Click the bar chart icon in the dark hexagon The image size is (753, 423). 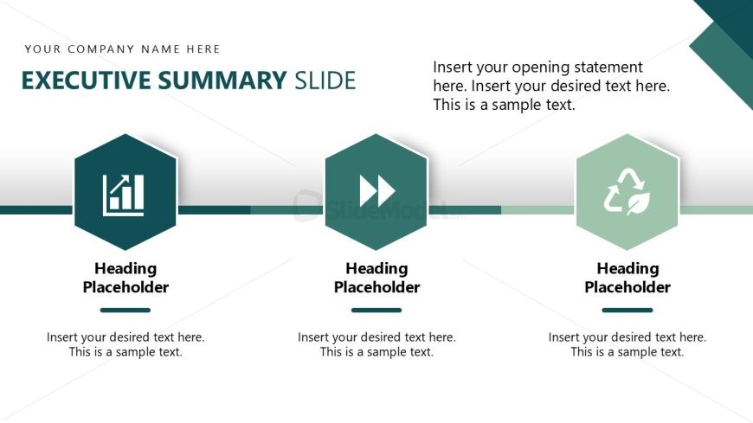click(x=124, y=195)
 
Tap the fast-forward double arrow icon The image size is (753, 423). click(x=377, y=190)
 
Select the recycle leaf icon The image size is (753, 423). click(x=627, y=191)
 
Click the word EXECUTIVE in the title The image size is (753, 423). click(x=87, y=80)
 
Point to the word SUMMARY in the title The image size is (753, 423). click(x=222, y=80)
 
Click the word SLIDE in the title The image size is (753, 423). click(x=325, y=80)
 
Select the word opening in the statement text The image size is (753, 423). click(x=540, y=67)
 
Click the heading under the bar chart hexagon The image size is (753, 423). click(x=125, y=278)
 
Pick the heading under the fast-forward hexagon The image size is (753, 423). click(x=377, y=278)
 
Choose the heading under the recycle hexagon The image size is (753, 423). click(x=627, y=278)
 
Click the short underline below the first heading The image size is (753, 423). click(x=125, y=311)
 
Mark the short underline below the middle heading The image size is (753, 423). click(x=376, y=311)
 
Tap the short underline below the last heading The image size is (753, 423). click(x=627, y=311)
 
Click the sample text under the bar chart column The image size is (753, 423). click(x=125, y=344)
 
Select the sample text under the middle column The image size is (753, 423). click(x=377, y=344)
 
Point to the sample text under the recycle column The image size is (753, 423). click(x=627, y=344)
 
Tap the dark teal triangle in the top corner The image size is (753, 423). click(x=730, y=16)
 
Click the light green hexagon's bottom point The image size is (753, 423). click(x=627, y=250)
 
